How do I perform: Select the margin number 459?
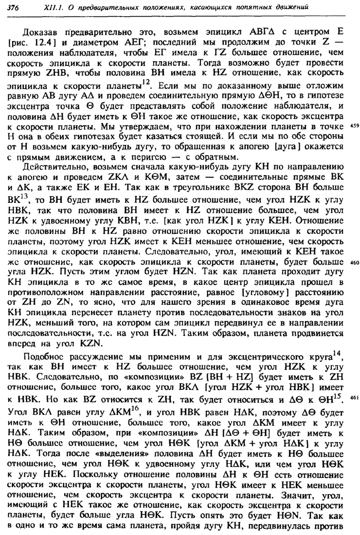coord(354,126)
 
